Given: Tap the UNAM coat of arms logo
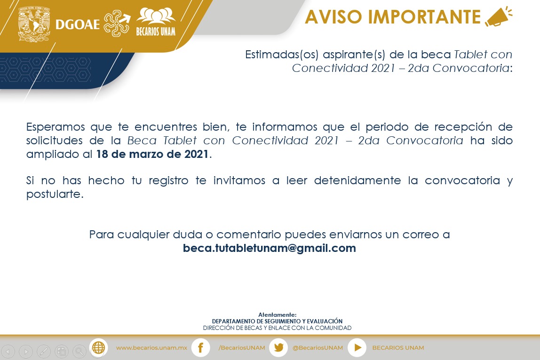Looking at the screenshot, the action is tap(34, 24).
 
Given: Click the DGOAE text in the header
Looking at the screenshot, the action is tap(78, 24).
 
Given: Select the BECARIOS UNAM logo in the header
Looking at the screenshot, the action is tap(156, 22).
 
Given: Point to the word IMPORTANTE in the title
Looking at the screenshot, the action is tap(424, 17).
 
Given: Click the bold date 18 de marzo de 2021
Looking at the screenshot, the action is tap(152, 154).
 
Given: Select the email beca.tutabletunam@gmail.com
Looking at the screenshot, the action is tap(270, 248).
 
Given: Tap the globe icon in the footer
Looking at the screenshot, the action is tap(98, 348).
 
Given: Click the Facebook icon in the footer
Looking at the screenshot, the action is tap(200, 348).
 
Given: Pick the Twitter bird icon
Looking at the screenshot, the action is tap(278, 348).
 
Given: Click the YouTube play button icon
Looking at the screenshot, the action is tap(357, 348).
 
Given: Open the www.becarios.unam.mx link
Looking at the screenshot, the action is tap(151, 348).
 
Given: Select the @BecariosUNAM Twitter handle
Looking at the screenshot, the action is tap(318, 348).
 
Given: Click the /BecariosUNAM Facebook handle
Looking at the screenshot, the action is tap(242, 348).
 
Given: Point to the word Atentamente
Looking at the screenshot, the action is tap(277, 314).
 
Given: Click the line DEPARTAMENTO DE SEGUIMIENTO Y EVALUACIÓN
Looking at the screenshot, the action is tap(277, 321).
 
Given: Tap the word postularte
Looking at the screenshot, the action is tap(55, 194).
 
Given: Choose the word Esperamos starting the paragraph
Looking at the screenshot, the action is tap(56, 127).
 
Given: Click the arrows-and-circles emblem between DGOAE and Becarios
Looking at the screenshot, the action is tap(117, 23).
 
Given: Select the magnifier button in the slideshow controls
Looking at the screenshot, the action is tap(79, 352).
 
